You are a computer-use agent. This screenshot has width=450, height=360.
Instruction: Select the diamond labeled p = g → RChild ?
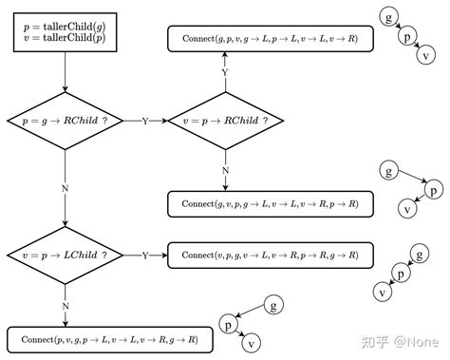pos(65,122)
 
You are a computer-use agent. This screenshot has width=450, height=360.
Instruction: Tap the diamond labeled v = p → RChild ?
pos(225,122)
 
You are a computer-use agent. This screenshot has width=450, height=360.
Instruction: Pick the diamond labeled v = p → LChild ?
pos(65,256)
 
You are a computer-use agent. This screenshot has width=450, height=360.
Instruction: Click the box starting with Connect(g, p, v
pos(271,38)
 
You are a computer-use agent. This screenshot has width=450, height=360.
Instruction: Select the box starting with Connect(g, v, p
pos(271,203)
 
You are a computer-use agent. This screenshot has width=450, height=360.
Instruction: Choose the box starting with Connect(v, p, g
pos(271,255)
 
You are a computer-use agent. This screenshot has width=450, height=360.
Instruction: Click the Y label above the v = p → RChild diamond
pos(225,72)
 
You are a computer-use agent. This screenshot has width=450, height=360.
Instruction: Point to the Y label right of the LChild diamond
pos(145,256)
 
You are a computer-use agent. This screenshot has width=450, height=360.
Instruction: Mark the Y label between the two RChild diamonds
pos(145,122)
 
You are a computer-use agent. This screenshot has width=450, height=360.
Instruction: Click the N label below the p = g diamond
pos(65,188)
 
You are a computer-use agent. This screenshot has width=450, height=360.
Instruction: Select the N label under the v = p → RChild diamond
pos(225,171)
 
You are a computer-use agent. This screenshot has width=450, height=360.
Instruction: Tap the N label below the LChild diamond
pos(65,305)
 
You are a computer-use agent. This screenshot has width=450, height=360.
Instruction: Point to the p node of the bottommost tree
pos(229,324)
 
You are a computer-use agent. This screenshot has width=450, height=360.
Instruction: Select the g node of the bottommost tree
pos(273,305)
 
